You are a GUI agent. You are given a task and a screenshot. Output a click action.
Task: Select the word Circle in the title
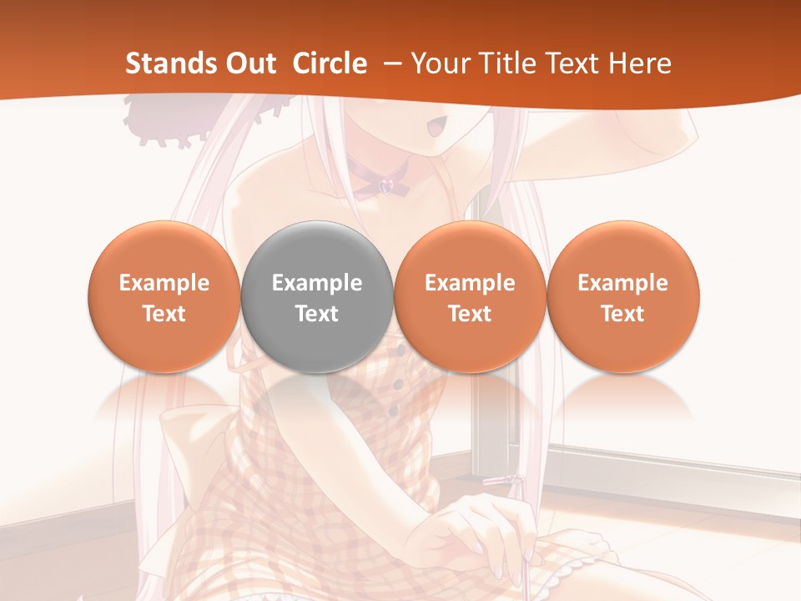pos(330,63)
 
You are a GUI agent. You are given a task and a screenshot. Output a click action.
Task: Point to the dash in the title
pos(389,63)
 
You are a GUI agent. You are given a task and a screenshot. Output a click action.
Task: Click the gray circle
pos(316,296)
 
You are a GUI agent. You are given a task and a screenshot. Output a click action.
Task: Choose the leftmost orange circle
pos(164,296)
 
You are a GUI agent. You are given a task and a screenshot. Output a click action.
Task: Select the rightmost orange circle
pos(622,296)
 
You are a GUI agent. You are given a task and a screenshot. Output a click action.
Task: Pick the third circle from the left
pos(470,296)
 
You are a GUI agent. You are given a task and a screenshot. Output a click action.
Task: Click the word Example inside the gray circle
pos(316,283)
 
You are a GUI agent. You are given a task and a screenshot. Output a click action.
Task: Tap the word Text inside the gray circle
pos(316,314)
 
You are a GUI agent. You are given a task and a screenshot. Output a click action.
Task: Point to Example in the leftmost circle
pos(164,283)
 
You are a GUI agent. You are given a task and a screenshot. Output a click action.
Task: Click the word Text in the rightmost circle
pos(622,314)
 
